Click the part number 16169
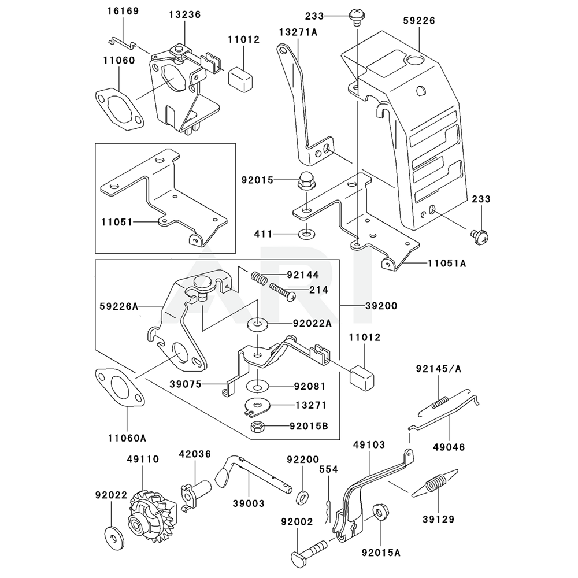click(123, 12)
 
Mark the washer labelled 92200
click(302, 497)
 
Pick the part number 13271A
click(299, 32)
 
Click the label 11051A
click(446, 262)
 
